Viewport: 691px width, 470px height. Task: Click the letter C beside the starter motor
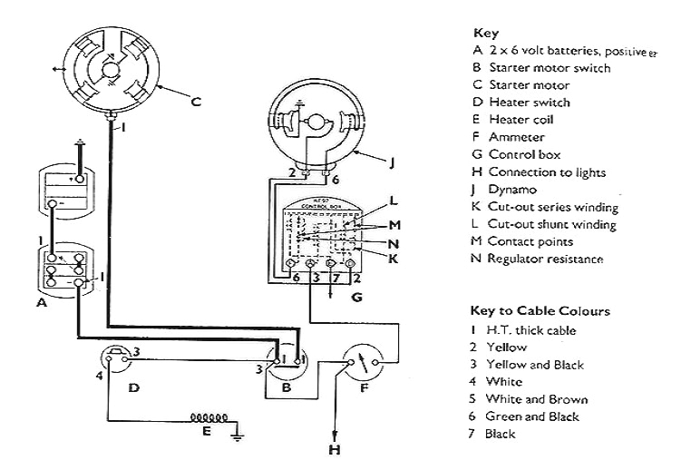coord(196,103)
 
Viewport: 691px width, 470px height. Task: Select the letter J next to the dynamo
coord(391,163)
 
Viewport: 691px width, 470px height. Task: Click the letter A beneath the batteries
coord(41,304)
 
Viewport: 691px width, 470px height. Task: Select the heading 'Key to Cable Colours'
coord(540,311)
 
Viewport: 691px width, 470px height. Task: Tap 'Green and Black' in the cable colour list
coord(531,416)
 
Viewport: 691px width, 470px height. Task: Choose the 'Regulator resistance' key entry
coord(545,259)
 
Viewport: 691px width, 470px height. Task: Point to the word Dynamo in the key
coord(512,190)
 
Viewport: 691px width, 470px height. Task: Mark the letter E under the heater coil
coord(207,432)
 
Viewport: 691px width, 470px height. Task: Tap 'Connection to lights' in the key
coord(547,172)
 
